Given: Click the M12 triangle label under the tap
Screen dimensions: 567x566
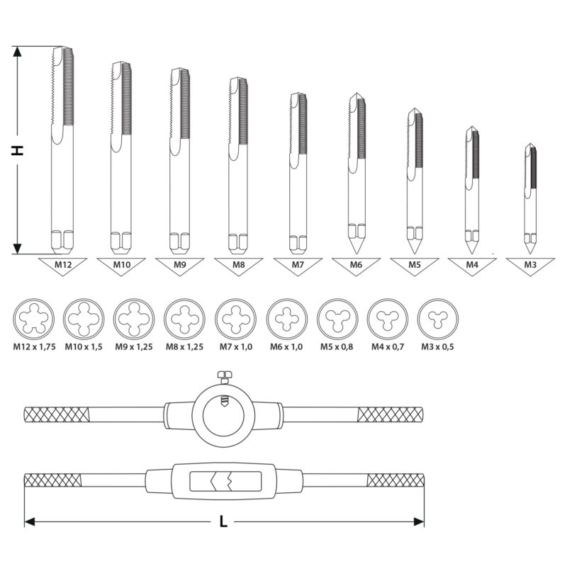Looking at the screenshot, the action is [63, 266].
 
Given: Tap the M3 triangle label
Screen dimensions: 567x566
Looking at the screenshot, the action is [530, 266].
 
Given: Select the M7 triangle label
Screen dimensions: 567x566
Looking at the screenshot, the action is [298, 266].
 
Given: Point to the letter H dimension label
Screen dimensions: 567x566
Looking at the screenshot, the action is [17, 150].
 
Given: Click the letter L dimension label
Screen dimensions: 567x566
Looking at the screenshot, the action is [223, 521].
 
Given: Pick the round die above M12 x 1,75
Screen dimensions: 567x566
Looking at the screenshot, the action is [33, 319].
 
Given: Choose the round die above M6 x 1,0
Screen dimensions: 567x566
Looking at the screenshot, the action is [287, 319].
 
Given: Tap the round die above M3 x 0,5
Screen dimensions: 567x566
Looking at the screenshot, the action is [438, 319].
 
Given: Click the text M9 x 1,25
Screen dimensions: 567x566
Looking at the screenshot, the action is [134, 347].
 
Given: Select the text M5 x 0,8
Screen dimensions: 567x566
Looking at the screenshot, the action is [337, 347].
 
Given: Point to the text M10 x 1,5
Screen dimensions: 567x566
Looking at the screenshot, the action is [84, 347].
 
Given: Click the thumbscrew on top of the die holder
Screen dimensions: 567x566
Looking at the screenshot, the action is [224, 377].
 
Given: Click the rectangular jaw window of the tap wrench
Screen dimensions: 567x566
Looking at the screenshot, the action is [225, 481].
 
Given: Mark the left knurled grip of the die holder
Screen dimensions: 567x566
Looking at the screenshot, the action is [57, 414].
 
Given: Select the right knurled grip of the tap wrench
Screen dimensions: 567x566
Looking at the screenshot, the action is [395, 480].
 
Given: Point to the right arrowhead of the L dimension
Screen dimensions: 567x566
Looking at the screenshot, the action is [419, 521].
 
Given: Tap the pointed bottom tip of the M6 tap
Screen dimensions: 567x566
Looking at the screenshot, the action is [356, 252].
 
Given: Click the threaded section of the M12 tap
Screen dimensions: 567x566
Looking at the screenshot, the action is [68, 86].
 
